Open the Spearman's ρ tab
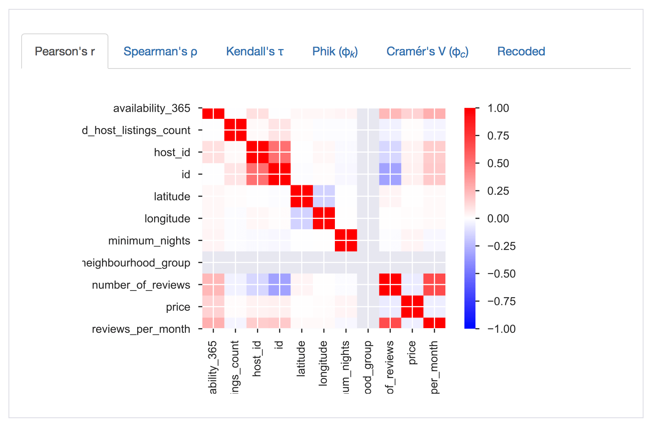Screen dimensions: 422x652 [x=160, y=52]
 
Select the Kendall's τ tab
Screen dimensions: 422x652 [x=254, y=52]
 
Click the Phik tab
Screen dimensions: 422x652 [x=335, y=52]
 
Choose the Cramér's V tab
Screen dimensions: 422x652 [x=427, y=52]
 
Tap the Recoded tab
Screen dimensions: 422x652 [x=521, y=52]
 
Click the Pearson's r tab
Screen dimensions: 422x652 [x=65, y=52]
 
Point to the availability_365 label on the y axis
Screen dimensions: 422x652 [x=152, y=109]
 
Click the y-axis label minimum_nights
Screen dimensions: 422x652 [x=149, y=241]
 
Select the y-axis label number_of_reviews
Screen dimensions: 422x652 [x=141, y=285]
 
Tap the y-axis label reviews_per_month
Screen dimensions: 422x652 [x=141, y=329]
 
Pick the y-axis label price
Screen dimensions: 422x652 [x=178, y=307]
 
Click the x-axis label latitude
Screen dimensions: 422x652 [x=301, y=359]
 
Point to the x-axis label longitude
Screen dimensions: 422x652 [x=323, y=363]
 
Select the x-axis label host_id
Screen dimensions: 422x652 [x=257, y=359]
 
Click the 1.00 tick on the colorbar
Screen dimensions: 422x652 [x=498, y=108]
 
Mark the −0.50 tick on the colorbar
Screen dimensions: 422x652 [x=501, y=274]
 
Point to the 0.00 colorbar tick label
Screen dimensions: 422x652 [x=498, y=219]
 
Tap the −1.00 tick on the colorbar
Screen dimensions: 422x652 [x=501, y=329]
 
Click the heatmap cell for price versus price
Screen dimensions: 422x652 [x=412, y=307]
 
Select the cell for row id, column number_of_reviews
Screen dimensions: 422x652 [x=390, y=175]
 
